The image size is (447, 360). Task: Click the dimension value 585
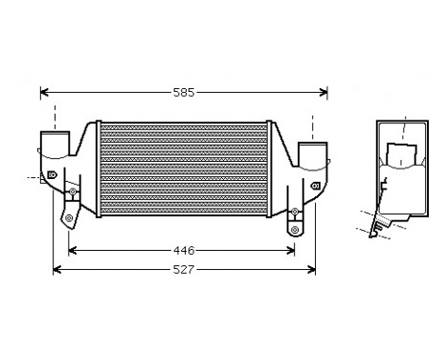point(184,93)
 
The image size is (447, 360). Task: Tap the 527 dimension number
point(184,270)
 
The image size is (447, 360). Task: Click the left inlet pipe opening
point(55,149)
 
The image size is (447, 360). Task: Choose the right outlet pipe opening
point(313,153)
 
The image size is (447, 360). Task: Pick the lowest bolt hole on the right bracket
point(296,229)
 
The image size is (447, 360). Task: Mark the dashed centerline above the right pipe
point(313,124)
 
